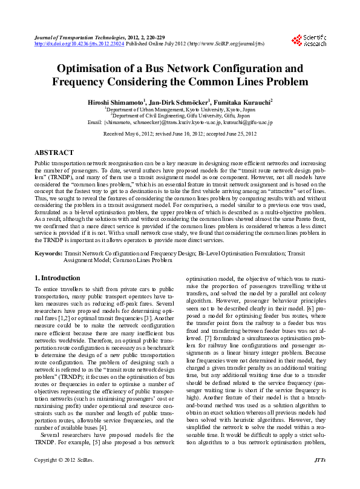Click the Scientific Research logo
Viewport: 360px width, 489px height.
pyautogui.click(x=309, y=41)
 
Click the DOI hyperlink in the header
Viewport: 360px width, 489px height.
pyautogui.click(x=79, y=44)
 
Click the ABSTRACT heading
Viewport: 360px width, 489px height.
pyautogui.click(x=54, y=153)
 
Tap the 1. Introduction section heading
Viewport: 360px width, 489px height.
pyautogui.click(x=57, y=278)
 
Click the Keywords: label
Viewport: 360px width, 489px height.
pyautogui.click(x=48, y=253)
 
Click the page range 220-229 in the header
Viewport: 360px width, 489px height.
pyautogui.click(x=152, y=38)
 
